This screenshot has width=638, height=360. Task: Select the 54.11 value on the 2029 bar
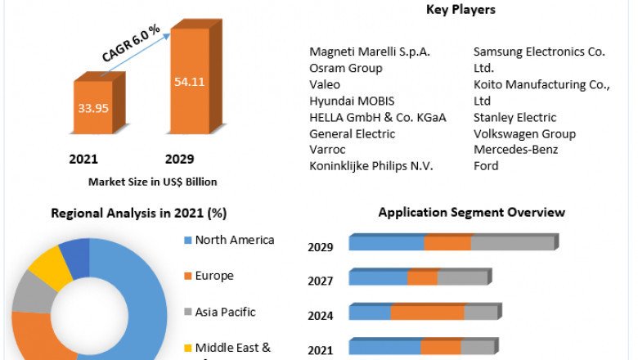189,81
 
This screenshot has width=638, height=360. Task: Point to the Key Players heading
461,10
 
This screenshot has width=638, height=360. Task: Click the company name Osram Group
345,68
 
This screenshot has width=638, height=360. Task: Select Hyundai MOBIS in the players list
352,101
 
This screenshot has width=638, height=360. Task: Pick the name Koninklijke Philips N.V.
371,166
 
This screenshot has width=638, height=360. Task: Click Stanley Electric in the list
514,117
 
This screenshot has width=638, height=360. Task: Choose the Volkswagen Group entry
524,133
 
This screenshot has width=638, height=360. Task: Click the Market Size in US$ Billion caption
152,182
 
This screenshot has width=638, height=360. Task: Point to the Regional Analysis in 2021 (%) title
138,214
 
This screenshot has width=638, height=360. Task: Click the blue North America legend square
187,241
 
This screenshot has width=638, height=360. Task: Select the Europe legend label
214,276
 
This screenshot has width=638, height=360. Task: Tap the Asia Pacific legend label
225,312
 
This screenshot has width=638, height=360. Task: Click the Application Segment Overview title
471,213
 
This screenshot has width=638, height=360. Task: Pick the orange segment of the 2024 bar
427,313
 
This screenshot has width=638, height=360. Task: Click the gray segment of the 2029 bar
512,243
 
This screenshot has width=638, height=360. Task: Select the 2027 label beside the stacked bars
320,281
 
